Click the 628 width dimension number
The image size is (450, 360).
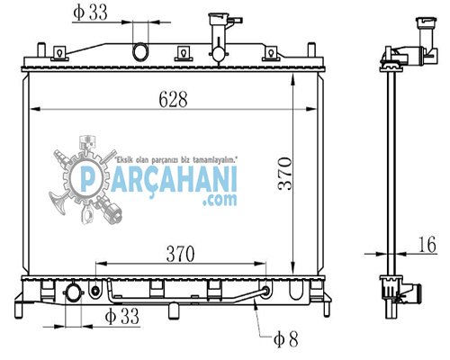click(x=173, y=99)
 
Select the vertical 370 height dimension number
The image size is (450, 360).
click(x=285, y=174)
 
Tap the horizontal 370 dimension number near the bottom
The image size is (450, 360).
click(x=181, y=254)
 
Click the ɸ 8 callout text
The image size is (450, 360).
click(x=286, y=339)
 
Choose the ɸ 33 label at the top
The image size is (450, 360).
click(x=90, y=13)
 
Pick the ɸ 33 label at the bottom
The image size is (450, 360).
click(x=122, y=316)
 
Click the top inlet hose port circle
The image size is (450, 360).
click(x=140, y=51)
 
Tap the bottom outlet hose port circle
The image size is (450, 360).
click(x=72, y=292)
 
